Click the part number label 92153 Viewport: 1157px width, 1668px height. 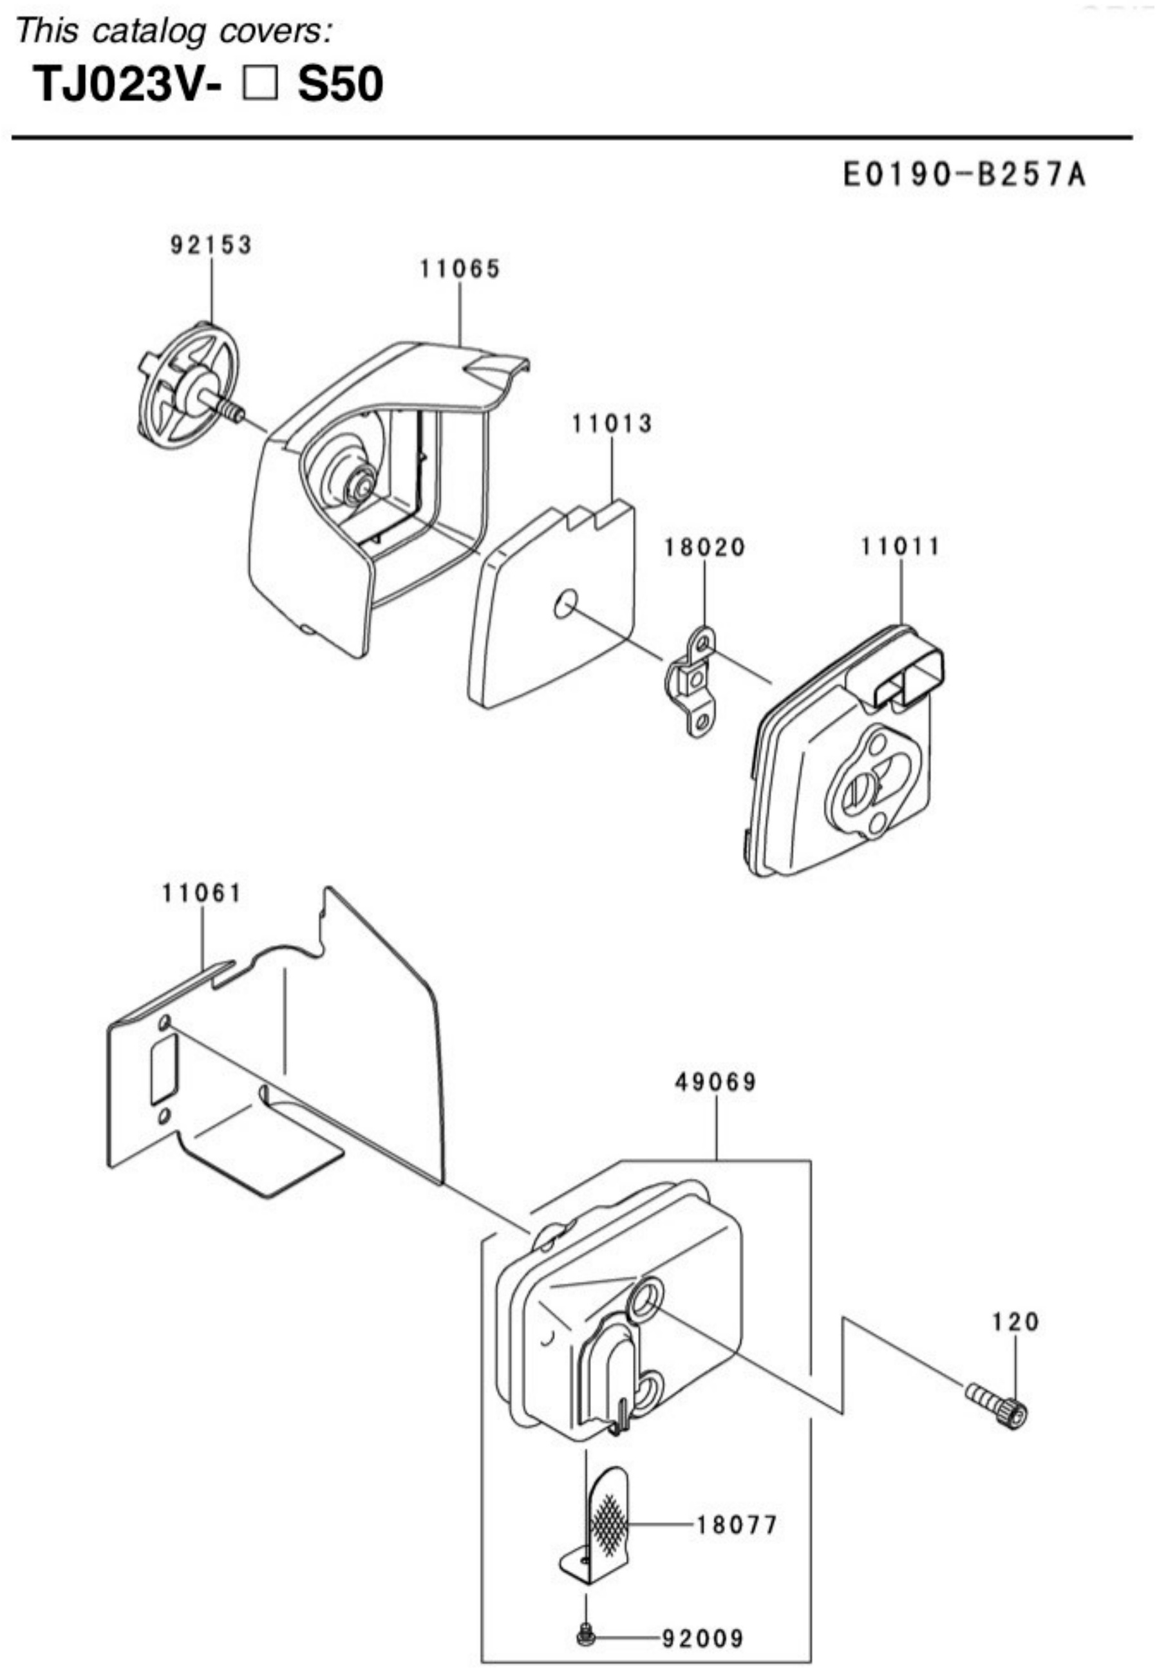(212, 245)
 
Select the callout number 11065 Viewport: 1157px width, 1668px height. (460, 269)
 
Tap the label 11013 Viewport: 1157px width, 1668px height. (612, 424)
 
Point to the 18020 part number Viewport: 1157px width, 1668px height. (704, 547)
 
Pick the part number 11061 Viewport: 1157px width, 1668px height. (202, 893)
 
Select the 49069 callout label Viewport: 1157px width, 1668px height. (716, 1083)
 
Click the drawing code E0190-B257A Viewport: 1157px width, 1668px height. (965, 174)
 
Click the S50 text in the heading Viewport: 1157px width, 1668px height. (341, 84)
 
